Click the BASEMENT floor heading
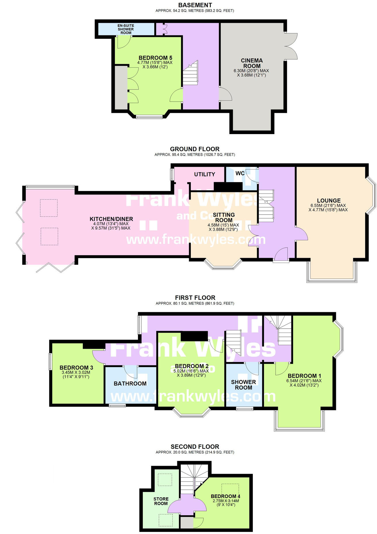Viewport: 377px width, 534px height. tap(195, 5)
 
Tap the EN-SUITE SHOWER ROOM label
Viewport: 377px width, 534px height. tap(126, 29)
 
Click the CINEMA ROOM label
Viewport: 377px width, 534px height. tap(252, 63)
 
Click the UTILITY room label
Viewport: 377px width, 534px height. tap(204, 174)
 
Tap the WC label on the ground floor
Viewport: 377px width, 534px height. tap(240, 173)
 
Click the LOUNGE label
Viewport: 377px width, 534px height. tap(329, 201)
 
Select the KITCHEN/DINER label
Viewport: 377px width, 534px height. tap(111, 219)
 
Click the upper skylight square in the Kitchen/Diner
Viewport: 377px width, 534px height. tap(49, 208)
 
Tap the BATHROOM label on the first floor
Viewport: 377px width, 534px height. tap(130, 384)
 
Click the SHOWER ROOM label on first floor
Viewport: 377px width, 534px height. tap(243, 385)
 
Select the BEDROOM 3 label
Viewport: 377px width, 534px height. tap(76, 368)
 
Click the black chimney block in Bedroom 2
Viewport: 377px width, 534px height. tap(194, 336)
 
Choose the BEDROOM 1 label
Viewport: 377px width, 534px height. tap(304, 376)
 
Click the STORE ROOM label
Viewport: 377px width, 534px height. tap(161, 501)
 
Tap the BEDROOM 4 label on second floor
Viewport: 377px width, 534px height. tap(225, 496)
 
